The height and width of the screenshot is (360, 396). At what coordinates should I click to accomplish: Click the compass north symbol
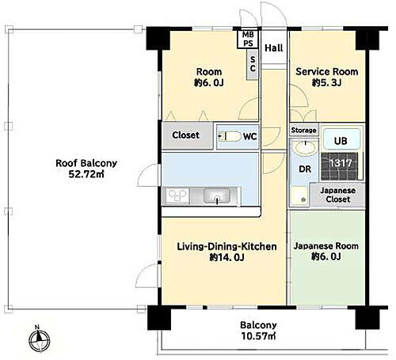40,339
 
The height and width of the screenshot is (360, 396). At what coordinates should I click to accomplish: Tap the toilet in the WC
230,136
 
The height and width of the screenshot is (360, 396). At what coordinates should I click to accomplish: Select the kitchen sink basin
216,196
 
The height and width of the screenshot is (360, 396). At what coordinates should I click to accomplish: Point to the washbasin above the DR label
306,148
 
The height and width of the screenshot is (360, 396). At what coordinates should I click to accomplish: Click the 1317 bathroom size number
341,163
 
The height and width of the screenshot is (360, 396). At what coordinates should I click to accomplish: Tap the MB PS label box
248,39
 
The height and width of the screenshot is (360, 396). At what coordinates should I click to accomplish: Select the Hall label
274,48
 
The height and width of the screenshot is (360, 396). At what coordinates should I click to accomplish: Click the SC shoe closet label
253,64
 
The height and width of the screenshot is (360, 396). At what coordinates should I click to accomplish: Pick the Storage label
303,130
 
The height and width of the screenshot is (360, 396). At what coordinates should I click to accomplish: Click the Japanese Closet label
338,195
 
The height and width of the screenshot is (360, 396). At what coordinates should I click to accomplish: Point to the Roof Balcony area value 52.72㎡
86,174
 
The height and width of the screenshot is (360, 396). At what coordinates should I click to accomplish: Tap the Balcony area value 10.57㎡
258,336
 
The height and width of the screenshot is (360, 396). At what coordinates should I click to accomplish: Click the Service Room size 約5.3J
326,83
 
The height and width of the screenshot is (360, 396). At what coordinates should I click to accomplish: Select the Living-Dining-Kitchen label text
227,247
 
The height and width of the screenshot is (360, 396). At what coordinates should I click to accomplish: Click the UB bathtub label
341,141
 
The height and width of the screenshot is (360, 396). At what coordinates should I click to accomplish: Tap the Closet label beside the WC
185,135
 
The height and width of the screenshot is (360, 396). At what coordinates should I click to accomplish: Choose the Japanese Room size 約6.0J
326,256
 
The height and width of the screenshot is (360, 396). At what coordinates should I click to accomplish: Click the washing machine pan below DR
300,195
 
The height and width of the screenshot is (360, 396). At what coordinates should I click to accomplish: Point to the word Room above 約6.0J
209,72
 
